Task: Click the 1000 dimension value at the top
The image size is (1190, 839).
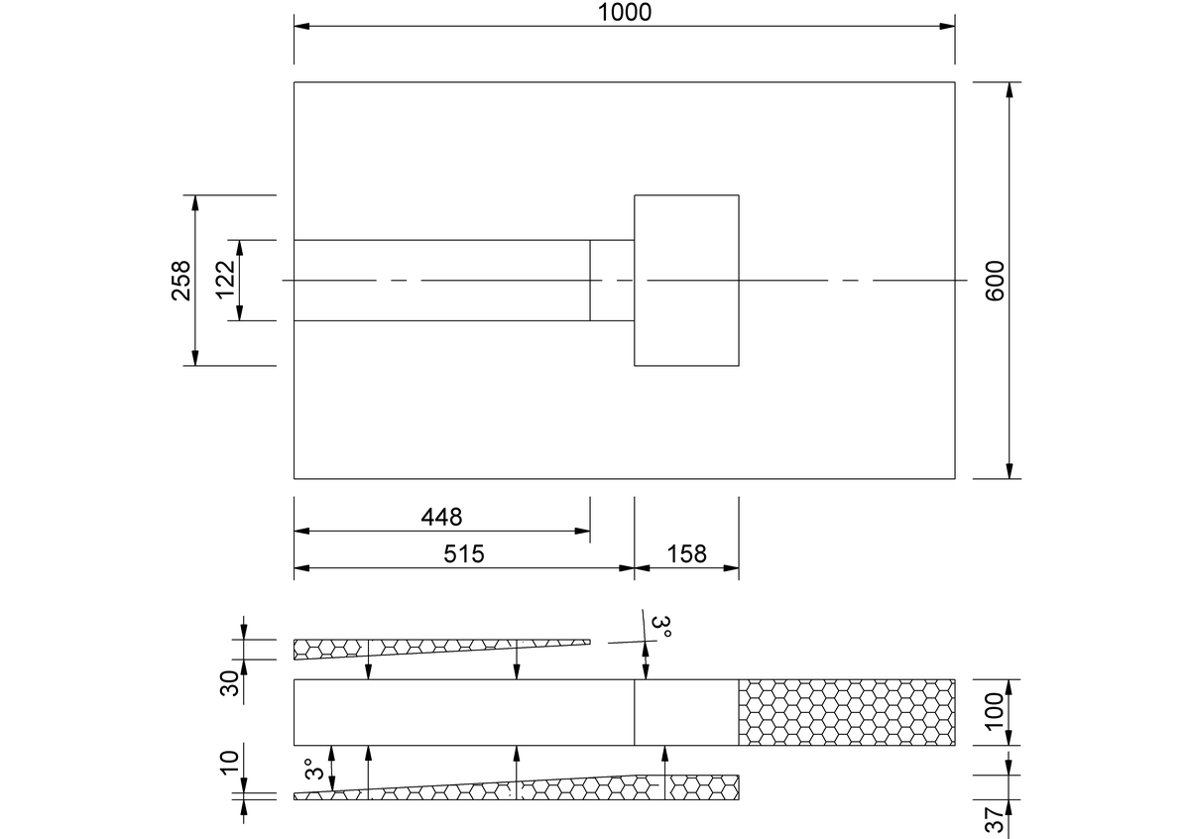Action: pyautogui.click(x=624, y=12)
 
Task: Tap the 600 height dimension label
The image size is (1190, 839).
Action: pyautogui.click(x=995, y=281)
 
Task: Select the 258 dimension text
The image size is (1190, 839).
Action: pyautogui.click(x=181, y=281)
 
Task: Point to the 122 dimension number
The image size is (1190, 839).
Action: pyautogui.click(x=225, y=280)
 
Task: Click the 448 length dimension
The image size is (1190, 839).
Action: pyautogui.click(x=441, y=517)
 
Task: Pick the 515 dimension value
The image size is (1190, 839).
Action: pyautogui.click(x=464, y=553)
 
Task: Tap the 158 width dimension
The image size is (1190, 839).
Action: pyautogui.click(x=686, y=553)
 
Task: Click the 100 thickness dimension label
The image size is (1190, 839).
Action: pyautogui.click(x=995, y=712)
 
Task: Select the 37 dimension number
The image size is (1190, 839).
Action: pyautogui.click(x=995, y=820)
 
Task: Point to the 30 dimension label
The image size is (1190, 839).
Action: pyautogui.click(x=230, y=683)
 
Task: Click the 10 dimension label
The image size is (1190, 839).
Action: pyautogui.click(x=230, y=763)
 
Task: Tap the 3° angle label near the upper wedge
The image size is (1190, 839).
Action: pyautogui.click(x=660, y=626)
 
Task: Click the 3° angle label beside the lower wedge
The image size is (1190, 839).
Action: pyautogui.click(x=314, y=769)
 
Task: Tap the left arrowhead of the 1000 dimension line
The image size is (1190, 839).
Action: pyautogui.click(x=301, y=26)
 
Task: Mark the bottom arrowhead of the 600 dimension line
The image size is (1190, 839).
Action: pyautogui.click(x=1010, y=471)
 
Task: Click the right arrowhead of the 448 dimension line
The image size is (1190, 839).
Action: pyautogui.click(x=582, y=531)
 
